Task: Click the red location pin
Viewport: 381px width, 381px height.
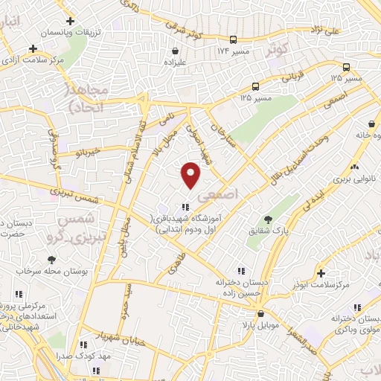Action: point(191,175)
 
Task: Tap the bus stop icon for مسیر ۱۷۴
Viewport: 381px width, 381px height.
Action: point(234,40)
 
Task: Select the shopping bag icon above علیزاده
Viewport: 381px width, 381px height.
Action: point(175,51)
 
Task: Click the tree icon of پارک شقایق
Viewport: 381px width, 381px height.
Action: point(268,219)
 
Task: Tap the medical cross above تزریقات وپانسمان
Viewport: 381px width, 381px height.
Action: point(69,22)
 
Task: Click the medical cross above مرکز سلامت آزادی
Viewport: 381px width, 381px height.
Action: point(32,48)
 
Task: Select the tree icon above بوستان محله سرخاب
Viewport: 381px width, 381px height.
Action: point(51,260)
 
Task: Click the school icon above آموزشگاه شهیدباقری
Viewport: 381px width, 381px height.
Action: point(185,206)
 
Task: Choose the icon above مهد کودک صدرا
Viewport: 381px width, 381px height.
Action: point(83,345)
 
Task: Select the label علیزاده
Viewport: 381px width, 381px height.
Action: point(175,63)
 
